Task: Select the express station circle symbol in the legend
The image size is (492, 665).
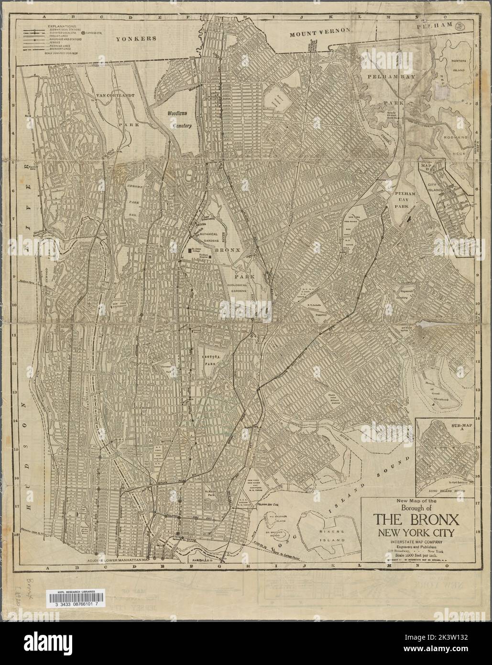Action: coord(84,32)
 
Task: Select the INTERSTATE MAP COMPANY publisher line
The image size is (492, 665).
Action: coord(416,541)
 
